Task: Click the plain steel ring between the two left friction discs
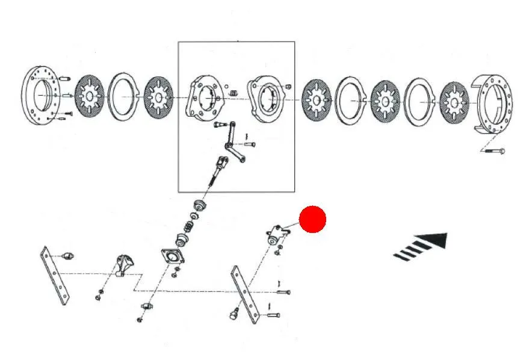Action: (x=125, y=96)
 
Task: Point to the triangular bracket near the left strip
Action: (x=124, y=265)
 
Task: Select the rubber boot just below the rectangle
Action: (x=198, y=208)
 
